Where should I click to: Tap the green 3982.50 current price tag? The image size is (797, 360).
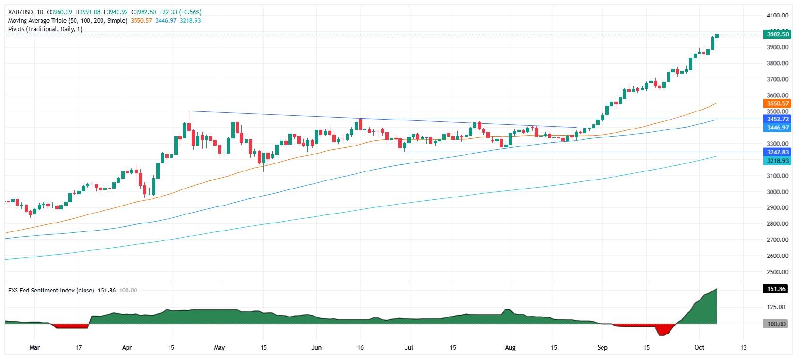tap(776, 34)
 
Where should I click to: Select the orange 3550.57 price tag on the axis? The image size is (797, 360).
tap(776, 103)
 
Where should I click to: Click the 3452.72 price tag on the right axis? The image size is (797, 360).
tap(776, 120)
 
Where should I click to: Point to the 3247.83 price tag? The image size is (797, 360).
tap(776, 152)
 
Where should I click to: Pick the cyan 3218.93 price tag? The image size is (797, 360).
tap(776, 161)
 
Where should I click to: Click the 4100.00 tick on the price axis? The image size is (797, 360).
tap(777, 16)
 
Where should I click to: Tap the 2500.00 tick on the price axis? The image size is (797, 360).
tap(777, 272)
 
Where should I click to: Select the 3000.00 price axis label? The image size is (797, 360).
tap(777, 192)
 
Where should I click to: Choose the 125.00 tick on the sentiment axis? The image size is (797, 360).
tap(777, 307)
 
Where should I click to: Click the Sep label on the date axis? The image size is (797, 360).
tap(602, 348)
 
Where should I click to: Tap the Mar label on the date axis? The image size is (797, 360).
tap(34, 348)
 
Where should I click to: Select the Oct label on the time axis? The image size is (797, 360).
tap(699, 348)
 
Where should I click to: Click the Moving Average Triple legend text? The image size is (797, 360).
tap(68, 21)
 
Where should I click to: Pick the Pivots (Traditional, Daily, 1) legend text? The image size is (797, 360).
tap(45, 29)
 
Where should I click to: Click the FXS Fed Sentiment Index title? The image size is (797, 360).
tap(51, 291)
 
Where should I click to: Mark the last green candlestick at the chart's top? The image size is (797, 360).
tap(717, 36)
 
